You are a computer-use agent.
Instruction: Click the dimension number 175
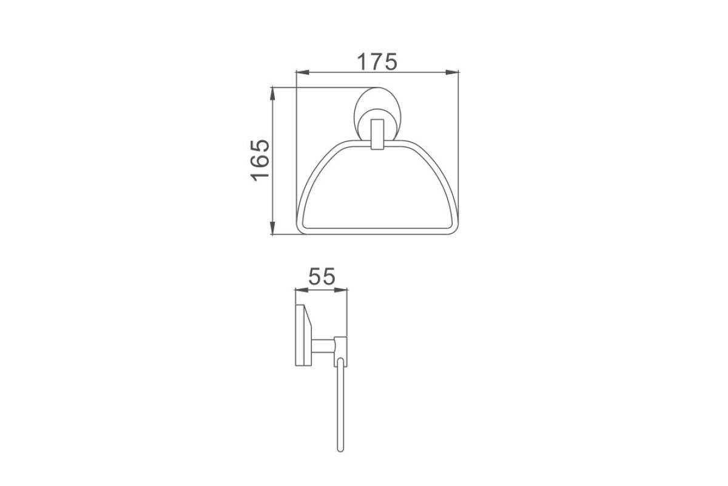[x=377, y=61]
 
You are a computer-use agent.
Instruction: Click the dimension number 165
[x=260, y=160]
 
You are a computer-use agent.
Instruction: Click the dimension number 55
[x=321, y=276]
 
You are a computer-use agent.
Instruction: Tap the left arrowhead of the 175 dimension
[x=303, y=72]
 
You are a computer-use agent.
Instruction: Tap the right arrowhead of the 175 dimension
[x=452, y=72]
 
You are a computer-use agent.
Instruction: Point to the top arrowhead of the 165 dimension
[x=272, y=94]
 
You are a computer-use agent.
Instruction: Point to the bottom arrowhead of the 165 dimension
[x=272, y=228]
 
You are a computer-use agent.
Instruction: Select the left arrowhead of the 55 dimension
[x=302, y=290]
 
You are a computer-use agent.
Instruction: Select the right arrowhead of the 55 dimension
[x=341, y=290]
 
